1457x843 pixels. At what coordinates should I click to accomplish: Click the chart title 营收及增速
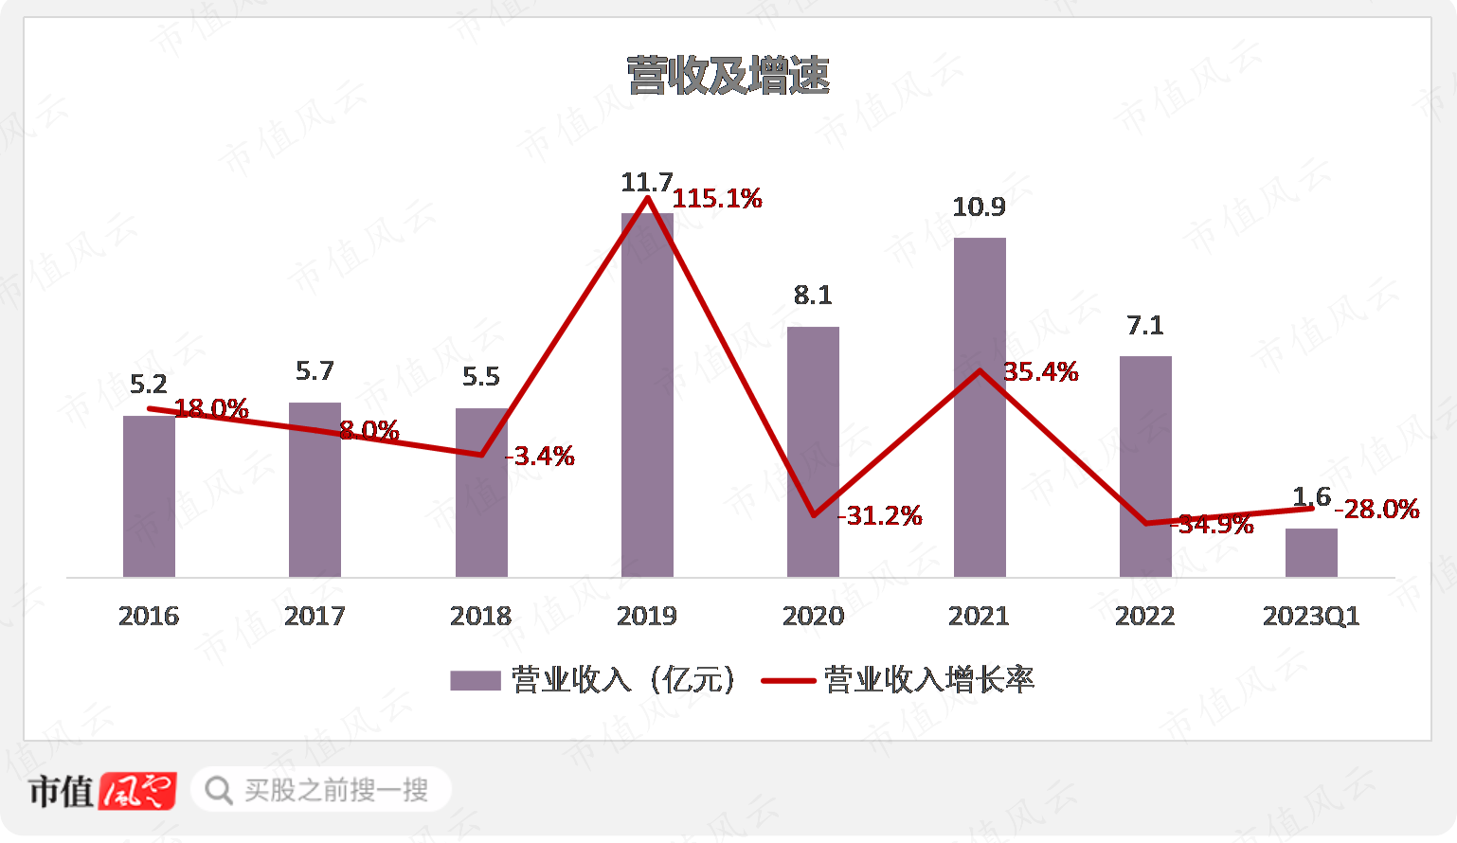pyautogui.click(x=728, y=76)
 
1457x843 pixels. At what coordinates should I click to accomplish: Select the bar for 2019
pyautogui.click(x=647, y=398)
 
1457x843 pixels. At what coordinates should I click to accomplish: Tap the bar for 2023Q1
pyautogui.click(x=1311, y=553)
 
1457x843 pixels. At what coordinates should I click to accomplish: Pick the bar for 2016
pyautogui.click(x=149, y=497)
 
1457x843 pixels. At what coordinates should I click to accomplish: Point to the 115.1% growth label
pyautogui.click(x=717, y=199)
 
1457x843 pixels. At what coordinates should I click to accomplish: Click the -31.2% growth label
pyautogui.click(x=881, y=516)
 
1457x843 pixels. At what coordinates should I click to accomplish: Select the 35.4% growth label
pyautogui.click(x=1040, y=372)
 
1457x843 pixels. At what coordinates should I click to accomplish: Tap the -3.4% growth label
pyautogui.click(x=541, y=457)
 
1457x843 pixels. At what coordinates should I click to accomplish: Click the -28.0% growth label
pyautogui.click(x=1377, y=510)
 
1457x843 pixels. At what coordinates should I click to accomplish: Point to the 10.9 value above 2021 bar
pyautogui.click(x=979, y=207)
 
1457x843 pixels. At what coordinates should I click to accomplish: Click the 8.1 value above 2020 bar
pyautogui.click(x=813, y=296)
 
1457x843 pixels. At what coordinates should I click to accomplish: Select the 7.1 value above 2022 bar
pyautogui.click(x=1145, y=326)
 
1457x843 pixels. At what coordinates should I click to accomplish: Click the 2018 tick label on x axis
pyautogui.click(x=480, y=617)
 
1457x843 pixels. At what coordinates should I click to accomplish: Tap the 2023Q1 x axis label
pyautogui.click(x=1311, y=617)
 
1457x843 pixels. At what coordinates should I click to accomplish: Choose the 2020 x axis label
pyautogui.click(x=813, y=617)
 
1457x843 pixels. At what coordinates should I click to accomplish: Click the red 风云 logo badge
pyautogui.click(x=138, y=791)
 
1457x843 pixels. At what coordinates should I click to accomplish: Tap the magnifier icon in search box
pyautogui.click(x=219, y=791)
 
